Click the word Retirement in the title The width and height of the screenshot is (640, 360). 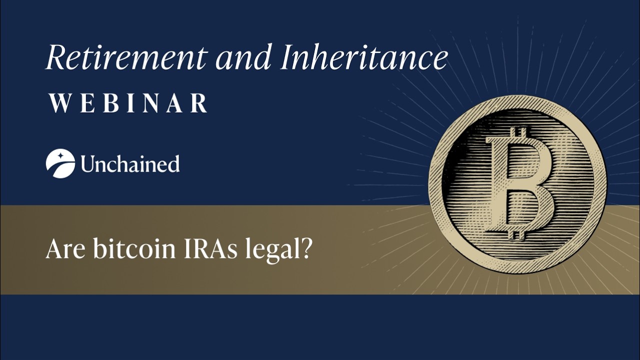[125, 57]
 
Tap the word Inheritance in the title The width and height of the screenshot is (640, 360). [363, 57]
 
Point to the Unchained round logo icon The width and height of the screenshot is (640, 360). [60, 163]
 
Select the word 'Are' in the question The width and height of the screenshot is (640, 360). [65, 249]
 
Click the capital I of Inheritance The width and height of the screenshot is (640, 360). [285, 57]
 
